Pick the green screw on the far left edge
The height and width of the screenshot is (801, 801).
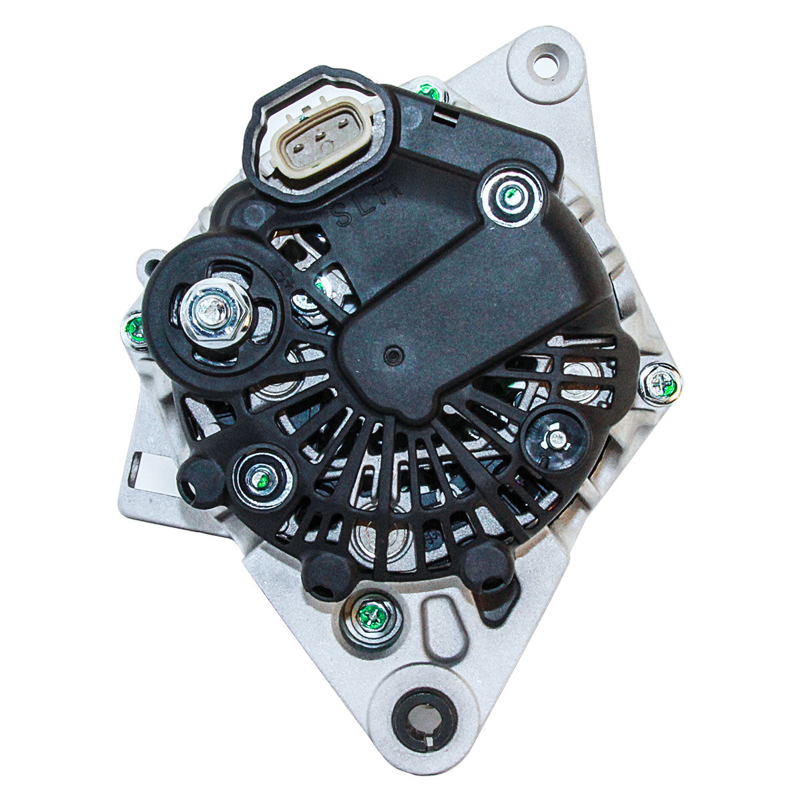click(136, 328)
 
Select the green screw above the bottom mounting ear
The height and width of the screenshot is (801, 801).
click(370, 617)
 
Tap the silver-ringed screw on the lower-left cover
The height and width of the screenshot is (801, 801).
click(262, 479)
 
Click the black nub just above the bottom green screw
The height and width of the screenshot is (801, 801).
click(327, 575)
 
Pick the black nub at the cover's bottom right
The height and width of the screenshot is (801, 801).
click(489, 567)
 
